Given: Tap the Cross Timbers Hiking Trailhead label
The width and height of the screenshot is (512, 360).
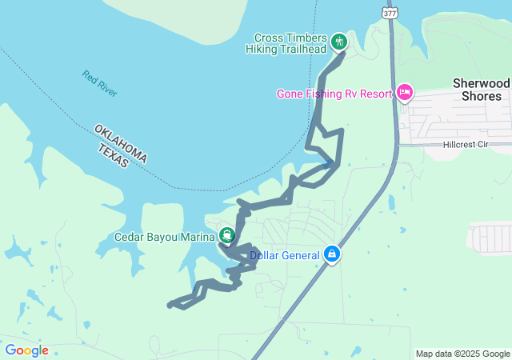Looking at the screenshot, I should [290, 42].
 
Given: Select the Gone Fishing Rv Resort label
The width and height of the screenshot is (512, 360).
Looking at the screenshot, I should [334, 94].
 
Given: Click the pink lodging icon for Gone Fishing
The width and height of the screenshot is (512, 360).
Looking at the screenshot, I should [405, 94].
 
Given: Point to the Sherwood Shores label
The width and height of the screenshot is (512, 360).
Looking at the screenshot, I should [481, 89].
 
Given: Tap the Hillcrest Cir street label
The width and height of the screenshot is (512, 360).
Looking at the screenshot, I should [476, 146].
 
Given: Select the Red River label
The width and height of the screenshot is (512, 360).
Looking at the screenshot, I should [99, 84].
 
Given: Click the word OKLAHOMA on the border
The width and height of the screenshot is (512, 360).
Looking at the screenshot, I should [121, 143].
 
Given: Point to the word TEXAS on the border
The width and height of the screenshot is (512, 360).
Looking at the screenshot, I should [112, 155].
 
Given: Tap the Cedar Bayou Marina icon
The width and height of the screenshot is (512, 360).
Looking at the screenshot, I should [227, 235].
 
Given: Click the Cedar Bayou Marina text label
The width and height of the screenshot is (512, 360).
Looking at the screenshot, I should [164, 236].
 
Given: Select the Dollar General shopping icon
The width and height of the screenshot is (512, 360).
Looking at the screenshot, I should [332, 255].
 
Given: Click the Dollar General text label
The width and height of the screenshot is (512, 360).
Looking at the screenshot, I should [286, 256].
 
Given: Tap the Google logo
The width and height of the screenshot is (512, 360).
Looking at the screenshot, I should [26, 350].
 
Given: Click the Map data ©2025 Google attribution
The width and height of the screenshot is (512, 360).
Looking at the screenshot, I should [462, 354].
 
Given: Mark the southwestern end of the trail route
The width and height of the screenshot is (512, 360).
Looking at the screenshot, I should [170, 305].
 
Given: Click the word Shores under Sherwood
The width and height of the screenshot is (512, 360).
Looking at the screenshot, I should [481, 96].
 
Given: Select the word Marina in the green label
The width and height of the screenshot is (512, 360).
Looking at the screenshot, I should [197, 236].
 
